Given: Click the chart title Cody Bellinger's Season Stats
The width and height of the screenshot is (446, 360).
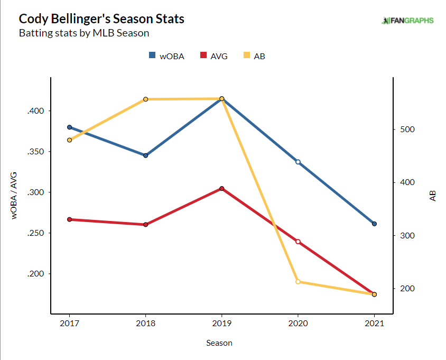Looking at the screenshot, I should point(101,19).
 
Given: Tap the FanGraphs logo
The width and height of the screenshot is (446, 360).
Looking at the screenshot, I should point(407,21).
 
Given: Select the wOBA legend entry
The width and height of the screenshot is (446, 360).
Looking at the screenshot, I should point(166,56).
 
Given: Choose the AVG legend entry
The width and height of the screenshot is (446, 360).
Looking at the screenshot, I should point(213,56).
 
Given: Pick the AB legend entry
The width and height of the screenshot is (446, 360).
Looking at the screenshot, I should point(254,56).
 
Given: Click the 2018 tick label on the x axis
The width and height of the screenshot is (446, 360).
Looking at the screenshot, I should point(145,323).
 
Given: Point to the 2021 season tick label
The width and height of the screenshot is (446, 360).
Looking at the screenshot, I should point(374,323).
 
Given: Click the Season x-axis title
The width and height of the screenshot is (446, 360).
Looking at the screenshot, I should point(219,343).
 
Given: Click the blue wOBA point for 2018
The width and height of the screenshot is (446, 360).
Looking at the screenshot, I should point(145,155).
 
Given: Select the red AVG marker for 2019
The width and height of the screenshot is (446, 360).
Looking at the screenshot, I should point(221,188).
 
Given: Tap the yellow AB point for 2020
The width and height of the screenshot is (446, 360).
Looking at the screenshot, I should point(298,282).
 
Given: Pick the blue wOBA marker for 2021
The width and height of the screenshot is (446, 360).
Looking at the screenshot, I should point(374,224).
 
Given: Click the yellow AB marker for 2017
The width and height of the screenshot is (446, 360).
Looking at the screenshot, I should point(69,140).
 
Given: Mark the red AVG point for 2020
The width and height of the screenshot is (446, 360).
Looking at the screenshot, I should point(298,242).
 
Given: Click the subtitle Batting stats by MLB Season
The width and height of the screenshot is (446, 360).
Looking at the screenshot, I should point(83,33).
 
